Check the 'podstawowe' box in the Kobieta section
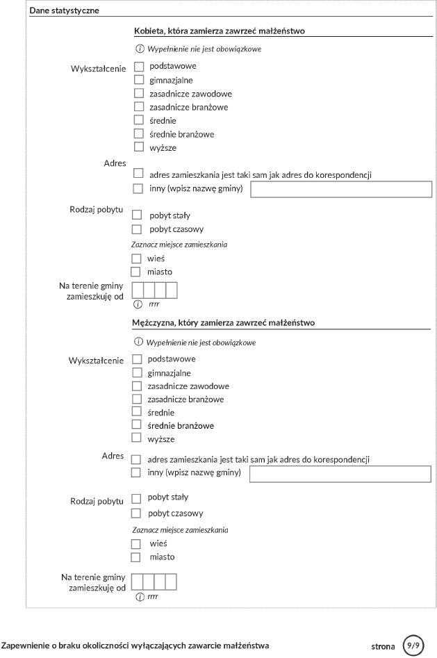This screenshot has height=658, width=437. [139, 67]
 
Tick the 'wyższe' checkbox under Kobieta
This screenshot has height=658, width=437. [139, 147]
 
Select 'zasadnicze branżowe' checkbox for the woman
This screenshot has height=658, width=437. [139, 107]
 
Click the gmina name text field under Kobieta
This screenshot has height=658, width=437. [341, 190]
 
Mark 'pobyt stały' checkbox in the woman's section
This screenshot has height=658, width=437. [137, 215]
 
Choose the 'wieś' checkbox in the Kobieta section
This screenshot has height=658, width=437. [136, 258]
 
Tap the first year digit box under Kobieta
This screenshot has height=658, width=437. [138, 290]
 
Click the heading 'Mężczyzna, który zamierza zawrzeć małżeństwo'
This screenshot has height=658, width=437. [224, 323]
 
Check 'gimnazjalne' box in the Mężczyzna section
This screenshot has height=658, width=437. [137, 372]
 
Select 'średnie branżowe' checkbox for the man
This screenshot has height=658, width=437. [137, 425]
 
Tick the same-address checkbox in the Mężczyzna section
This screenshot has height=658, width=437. [136, 459]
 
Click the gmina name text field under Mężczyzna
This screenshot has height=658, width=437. [340, 474]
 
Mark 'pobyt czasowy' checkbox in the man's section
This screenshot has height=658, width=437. [136, 513]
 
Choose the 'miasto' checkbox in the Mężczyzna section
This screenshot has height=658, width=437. [136, 557]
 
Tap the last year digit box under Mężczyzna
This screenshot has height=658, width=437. [171, 582]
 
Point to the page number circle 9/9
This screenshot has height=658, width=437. [414, 645]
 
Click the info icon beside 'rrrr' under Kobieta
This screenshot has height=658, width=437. [138, 304]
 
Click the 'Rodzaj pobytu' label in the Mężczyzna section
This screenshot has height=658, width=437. [97, 501]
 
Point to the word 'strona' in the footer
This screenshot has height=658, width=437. [383, 647]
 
